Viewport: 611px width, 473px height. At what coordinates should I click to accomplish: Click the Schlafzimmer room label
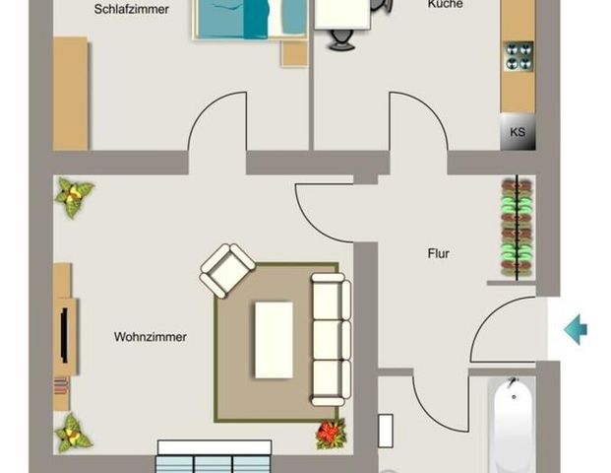(132, 10)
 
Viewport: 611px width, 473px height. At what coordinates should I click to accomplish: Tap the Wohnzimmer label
(150, 337)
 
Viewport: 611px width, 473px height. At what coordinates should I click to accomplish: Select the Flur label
(438, 254)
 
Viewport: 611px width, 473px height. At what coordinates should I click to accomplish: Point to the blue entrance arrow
(576, 329)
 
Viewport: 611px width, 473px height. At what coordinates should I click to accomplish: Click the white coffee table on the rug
(274, 339)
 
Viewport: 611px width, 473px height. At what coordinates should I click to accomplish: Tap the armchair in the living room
(226, 269)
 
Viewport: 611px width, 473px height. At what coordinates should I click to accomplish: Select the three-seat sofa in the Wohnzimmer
(331, 339)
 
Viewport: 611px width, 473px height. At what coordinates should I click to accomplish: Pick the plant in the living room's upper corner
(74, 197)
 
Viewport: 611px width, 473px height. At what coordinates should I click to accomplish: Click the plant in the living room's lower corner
(74, 432)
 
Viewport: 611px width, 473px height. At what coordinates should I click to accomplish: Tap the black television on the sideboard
(65, 336)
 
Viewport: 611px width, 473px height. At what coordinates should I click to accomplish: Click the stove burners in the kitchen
(519, 56)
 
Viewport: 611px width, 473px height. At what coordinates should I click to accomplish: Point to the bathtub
(514, 424)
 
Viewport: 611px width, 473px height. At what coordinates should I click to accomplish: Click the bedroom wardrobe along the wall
(70, 94)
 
